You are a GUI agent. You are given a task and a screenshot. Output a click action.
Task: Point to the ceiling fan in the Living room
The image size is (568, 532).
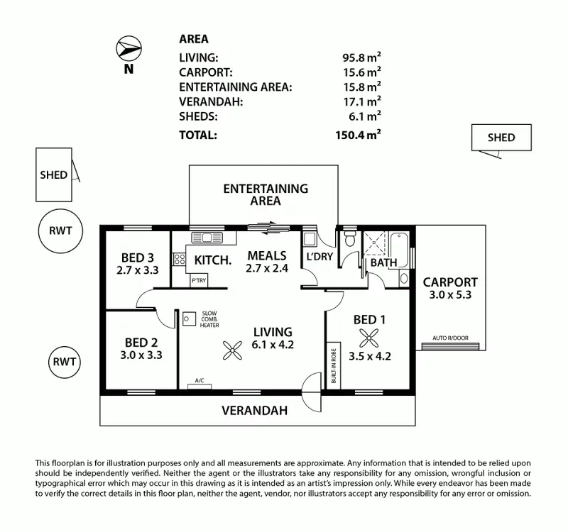coord(231,348)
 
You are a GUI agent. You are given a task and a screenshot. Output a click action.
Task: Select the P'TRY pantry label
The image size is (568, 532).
coord(199,281)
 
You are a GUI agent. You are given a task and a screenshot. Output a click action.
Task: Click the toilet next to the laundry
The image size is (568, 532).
coord(348,240)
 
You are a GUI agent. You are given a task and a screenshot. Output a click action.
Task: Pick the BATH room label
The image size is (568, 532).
coord(383,262)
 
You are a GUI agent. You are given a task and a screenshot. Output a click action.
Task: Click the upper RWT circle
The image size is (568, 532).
coord(60,231)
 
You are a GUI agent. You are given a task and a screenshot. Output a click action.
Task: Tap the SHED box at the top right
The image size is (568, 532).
coord(501,138)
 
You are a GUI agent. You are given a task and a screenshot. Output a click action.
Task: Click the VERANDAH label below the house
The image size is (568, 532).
coord(254,410)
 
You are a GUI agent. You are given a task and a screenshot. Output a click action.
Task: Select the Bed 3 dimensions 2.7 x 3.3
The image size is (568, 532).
coord(136,270)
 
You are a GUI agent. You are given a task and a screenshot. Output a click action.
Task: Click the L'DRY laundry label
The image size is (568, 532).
coord(319,257)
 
